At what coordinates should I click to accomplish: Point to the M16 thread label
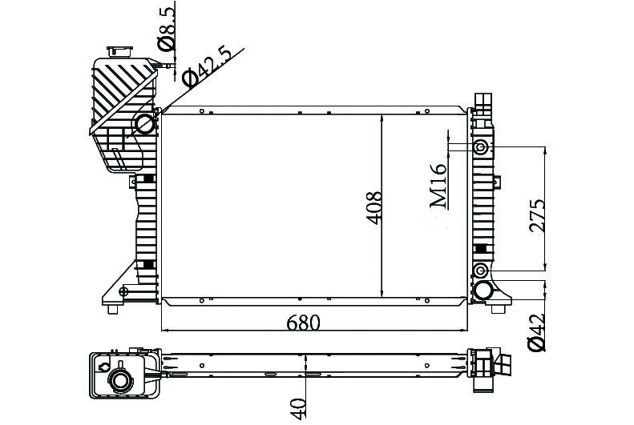(x=438, y=186)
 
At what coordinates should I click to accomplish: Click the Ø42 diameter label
(x=536, y=331)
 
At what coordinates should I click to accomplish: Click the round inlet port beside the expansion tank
(x=144, y=124)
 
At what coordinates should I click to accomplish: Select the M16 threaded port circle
(x=481, y=147)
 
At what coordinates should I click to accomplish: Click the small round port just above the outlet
(x=481, y=269)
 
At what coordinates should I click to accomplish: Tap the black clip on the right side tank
(x=480, y=251)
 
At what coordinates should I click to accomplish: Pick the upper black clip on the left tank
(x=148, y=179)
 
